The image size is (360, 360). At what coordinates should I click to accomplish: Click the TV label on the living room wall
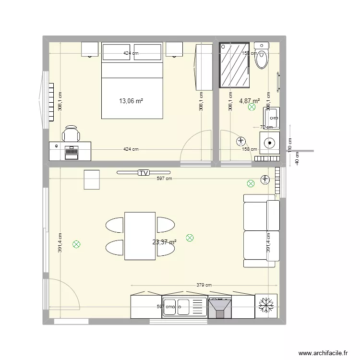pos(143,173)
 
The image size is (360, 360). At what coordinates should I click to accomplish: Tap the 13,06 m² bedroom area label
pos(132,101)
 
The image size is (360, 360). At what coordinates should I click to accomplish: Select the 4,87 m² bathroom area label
pos(249,101)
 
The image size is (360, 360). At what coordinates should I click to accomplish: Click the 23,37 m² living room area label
pos(164,242)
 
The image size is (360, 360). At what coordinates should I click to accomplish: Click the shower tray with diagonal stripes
pos(235,65)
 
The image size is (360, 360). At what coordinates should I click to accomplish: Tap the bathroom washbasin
pos(271,117)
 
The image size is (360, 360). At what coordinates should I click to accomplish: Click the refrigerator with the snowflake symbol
pos(266,305)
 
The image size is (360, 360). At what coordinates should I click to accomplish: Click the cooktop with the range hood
pos(220,307)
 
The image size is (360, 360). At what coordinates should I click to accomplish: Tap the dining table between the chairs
pos(140,236)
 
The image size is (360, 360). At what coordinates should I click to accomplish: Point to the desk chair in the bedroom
pos(71,133)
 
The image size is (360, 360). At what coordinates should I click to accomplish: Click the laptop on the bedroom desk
pos(72,151)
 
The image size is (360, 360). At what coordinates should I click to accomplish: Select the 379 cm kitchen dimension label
pos(204,285)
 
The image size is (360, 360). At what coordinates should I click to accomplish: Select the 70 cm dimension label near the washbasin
pos(266,127)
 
